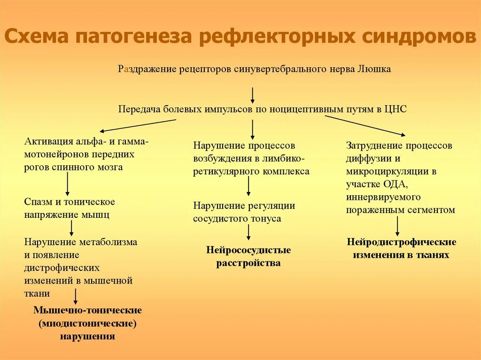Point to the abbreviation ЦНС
click(x=396, y=109)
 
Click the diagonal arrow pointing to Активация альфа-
click(x=138, y=125)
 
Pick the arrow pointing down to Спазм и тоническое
click(x=67, y=184)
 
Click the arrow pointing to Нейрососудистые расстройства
click(x=248, y=232)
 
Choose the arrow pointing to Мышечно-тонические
click(x=75, y=296)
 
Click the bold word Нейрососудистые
click(x=248, y=250)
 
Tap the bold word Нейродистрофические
click(x=402, y=242)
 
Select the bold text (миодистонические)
click(x=88, y=323)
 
